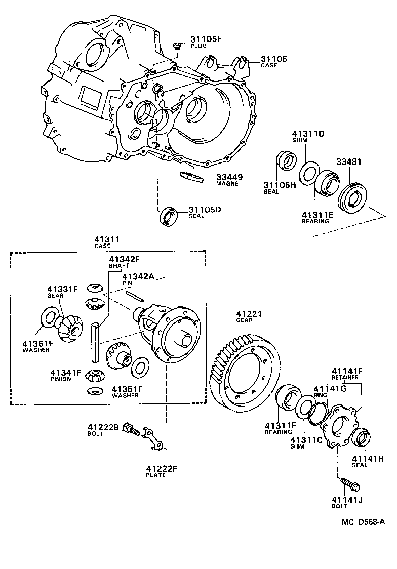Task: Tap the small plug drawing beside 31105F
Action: point(177,47)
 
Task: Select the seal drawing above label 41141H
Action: point(361,438)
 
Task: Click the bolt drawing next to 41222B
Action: point(131,430)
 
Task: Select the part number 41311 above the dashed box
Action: point(102,239)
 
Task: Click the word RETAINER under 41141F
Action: point(345,377)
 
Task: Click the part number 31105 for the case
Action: point(274,59)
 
